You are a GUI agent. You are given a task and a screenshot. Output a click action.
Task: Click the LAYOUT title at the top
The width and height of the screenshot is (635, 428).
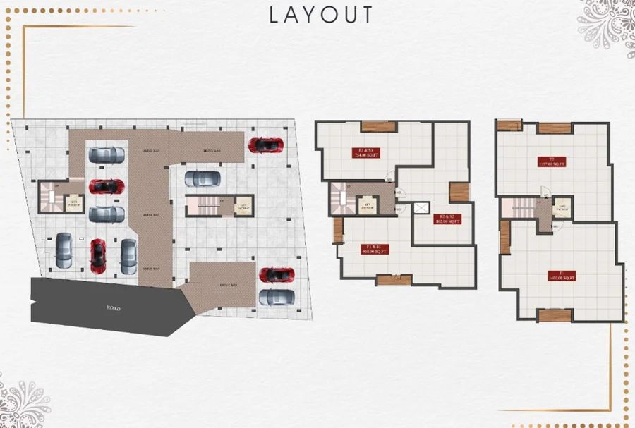coord(321,15)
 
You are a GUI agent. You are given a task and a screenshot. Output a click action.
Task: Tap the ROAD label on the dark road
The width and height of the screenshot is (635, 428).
coord(114,309)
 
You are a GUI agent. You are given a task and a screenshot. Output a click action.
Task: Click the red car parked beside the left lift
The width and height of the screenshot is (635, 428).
coord(107,186)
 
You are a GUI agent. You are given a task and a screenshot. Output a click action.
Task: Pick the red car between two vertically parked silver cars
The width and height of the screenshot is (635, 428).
coord(97,256)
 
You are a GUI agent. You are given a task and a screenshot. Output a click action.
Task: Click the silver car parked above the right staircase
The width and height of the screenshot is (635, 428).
coord(202,179)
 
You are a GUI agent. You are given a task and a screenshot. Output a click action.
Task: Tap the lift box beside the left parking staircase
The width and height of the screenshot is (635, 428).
coord(73,202)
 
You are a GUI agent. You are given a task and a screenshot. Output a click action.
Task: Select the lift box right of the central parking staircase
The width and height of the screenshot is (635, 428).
coord(243,205)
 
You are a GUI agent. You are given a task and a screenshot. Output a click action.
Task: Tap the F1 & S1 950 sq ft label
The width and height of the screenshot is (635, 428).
coord(372,248)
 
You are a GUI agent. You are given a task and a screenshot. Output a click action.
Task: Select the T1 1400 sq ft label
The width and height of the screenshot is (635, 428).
coord(560,276)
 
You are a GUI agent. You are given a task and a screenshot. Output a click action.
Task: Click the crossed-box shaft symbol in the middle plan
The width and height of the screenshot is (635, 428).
coord(422,207)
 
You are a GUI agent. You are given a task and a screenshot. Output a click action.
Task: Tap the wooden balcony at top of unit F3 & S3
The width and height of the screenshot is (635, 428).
coord(378,126)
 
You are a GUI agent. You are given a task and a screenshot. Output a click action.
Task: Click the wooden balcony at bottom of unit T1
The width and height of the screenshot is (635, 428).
coord(554,315)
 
